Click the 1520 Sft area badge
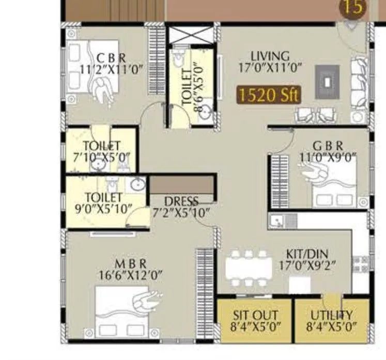point(269,95)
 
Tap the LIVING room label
point(270,56)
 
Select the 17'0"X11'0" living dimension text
point(270,68)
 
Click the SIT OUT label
point(255,315)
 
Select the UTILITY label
point(332,315)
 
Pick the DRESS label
point(181,201)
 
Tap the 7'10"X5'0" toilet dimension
point(102,157)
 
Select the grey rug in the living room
point(328,82)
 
